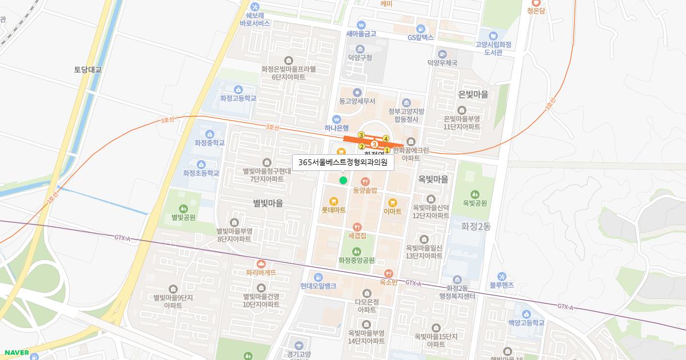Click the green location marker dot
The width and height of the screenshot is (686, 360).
343,181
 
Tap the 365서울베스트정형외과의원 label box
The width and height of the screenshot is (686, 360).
343,162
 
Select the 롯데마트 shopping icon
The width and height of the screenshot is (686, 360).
334,201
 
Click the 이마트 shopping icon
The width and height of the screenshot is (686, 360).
393,202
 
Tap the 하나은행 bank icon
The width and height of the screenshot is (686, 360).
337,119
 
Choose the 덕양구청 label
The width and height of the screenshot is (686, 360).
360,58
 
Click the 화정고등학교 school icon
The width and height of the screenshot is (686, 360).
238,89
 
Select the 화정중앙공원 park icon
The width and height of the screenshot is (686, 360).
357,251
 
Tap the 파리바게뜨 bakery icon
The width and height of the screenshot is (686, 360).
261,263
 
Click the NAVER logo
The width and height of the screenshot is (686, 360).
15,353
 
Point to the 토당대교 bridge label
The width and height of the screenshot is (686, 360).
87,70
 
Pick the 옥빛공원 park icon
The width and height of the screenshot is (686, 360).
474,194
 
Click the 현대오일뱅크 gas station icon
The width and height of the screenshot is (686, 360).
318,277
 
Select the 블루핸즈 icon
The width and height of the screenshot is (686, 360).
502,277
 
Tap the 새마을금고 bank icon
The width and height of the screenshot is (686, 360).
361,25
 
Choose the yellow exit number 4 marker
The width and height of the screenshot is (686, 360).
386,139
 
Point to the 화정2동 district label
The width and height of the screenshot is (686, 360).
476,226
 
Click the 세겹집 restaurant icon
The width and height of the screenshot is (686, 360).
357,226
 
